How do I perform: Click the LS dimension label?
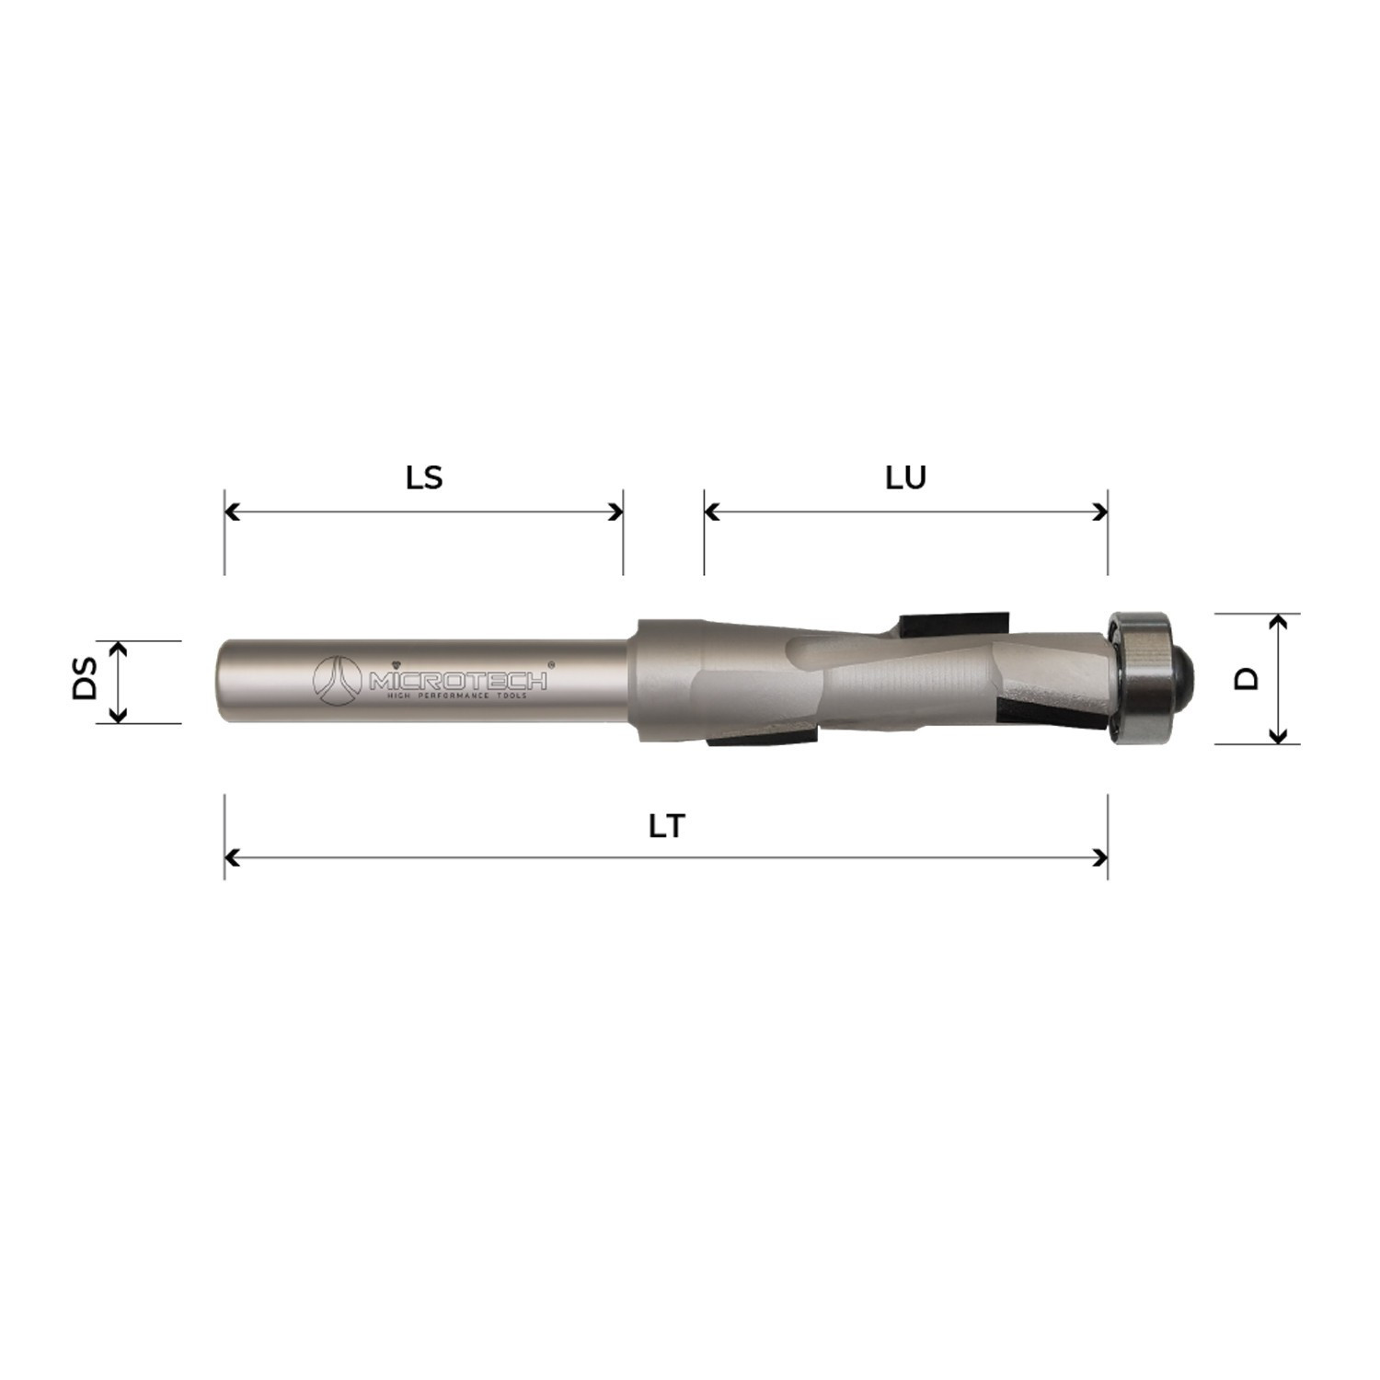coord(424,477)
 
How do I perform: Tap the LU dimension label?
coord(905,477)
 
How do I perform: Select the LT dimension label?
coord(666,826)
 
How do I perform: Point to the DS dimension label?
coord(85,678)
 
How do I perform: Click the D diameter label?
coord(1246,679)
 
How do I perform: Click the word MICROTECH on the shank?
coord(458,681)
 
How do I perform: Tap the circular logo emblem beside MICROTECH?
coord(337,681)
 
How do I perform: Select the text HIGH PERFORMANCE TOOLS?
coord(456,697)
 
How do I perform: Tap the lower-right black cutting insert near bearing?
coord(1049,715)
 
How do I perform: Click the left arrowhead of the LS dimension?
coord(231,512)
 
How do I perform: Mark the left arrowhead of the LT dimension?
coord(231,858)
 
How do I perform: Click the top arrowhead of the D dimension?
coord(1278,621)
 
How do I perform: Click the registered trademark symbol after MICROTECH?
coord(551,663)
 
